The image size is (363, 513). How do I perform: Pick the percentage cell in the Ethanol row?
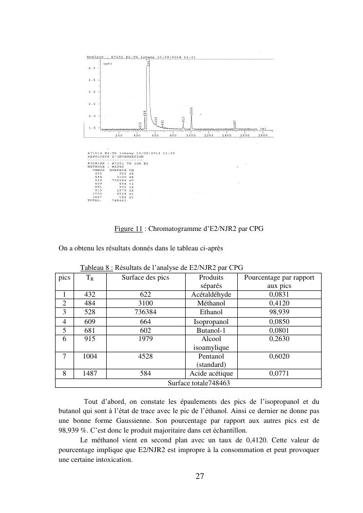tap(279, 312)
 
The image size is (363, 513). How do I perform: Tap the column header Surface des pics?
tap(145, 277)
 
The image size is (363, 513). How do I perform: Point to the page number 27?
tap(200, 476)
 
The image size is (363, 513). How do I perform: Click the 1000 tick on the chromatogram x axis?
tap(191, 136)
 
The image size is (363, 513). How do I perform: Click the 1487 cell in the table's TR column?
tap(90, 374)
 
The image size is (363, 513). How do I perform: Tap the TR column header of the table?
tap(90, 278)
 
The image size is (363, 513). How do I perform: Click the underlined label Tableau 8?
tap(96, 267)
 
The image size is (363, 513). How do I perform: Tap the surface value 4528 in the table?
tap(145, 356)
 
